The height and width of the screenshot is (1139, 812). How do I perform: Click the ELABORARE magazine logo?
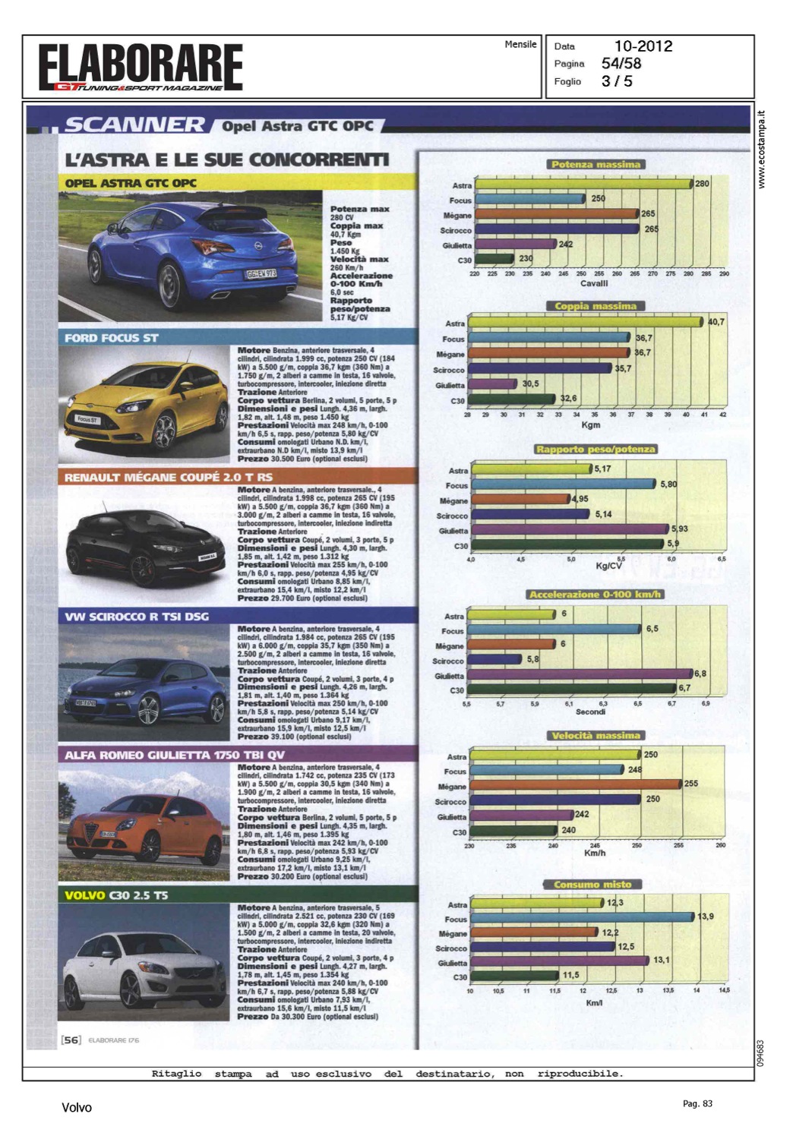point(141,67)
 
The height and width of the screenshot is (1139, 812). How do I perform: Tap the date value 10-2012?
point(643,46)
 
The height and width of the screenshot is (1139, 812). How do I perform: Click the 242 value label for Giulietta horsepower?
point(566,245)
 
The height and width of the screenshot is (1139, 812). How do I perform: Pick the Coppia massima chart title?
point(595,306)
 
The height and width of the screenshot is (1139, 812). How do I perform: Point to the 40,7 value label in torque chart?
point(716,322)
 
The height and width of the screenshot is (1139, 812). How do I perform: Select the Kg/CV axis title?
point(608,566)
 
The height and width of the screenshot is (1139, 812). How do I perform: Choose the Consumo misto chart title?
point(592,884)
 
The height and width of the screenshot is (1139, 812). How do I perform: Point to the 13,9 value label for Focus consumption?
point(706,917)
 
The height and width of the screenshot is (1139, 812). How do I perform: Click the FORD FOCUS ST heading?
point(112,338)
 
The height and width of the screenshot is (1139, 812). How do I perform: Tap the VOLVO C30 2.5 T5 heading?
point(116,895)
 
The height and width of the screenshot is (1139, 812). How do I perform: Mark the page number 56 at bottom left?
point(71,1040)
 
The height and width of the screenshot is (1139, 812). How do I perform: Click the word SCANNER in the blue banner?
point(134,125)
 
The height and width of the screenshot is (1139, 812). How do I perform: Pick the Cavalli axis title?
point(594,283)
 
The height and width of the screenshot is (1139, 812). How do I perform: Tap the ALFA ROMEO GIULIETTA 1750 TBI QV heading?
point(175,755)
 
